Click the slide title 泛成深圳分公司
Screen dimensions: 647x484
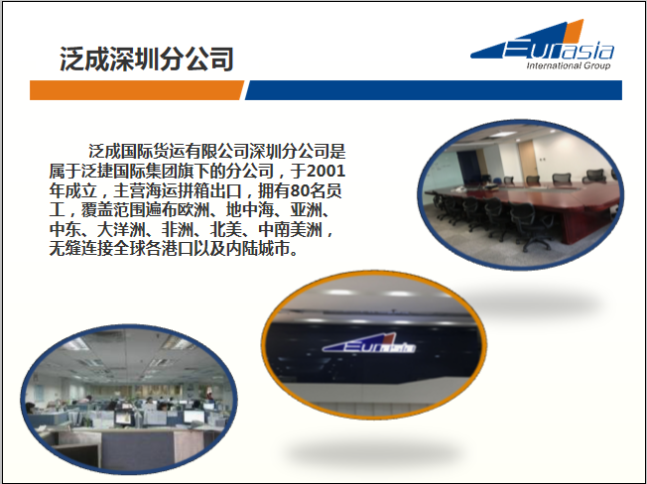click(147, 59)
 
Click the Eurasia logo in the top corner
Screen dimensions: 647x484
click(542, 44)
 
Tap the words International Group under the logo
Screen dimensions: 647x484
click(569, 65)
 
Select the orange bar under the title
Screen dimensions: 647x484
click(137, 90)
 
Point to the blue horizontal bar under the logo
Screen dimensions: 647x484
click(434, 90)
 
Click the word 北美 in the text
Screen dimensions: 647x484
click(226, 229)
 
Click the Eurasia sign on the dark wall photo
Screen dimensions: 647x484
click(368, 344)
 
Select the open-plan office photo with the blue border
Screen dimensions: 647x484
click(129, 399)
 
